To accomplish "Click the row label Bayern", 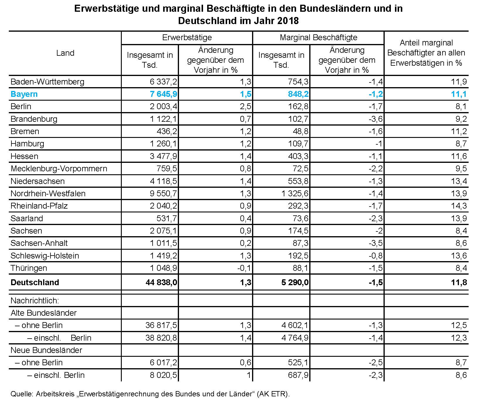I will (x=24, y=94).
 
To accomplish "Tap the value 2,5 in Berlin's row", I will (x=246, y=107).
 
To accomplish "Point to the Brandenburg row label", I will (x=34, y=119).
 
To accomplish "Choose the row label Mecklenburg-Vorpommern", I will (x=59, y=169).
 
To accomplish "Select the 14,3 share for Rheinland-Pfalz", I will (x=459, y=206).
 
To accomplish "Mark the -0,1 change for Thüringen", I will (x=244, y=268).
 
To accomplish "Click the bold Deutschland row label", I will (x=35, y=283).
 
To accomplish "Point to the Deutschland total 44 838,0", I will (x=161, y=283).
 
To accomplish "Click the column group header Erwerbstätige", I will (x=187, y=38).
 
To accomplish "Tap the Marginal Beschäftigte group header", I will (x=318, y=38).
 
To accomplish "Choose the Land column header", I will (x=65, y=53).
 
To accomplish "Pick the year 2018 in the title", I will (x=287, y=21).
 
